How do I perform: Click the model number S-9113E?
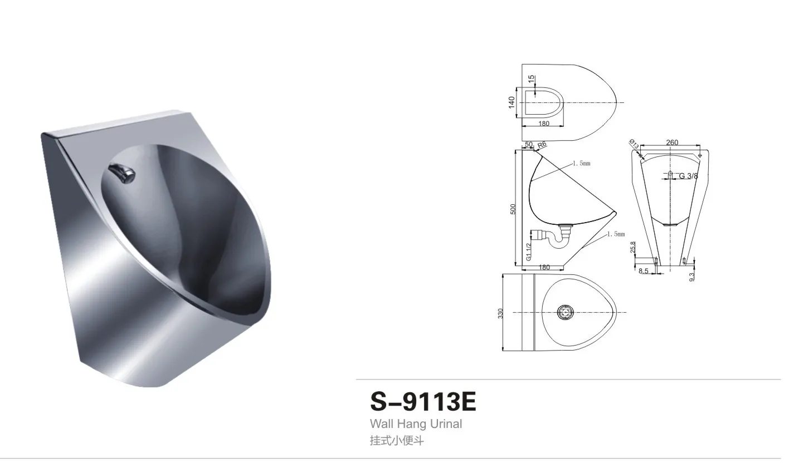coord(423,402)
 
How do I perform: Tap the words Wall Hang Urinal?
coord(416,424)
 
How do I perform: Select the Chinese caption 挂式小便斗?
coord(397,441)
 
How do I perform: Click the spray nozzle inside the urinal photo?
coord(123,174)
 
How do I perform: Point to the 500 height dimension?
coord(513,209)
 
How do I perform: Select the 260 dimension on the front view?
coord(672,142)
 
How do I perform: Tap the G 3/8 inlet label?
coord(688,176)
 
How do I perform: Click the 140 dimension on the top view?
coord(511,102)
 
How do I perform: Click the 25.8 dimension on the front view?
coord(632,247)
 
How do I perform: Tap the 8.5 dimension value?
coord(643,271)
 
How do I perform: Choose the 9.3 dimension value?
coord(692,276)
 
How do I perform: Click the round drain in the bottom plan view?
coord(566,312)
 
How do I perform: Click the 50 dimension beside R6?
coord(529,144)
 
